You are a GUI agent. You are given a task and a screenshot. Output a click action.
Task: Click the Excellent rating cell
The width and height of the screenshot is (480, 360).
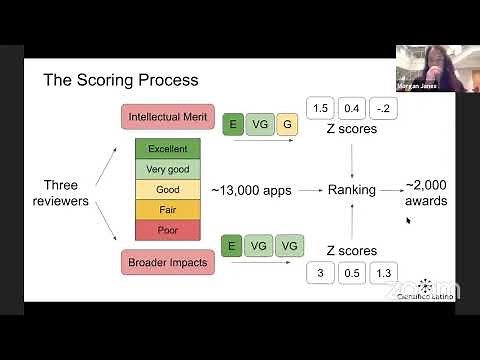click(167, 149)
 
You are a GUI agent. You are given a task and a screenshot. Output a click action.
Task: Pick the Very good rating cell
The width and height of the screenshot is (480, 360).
click(167, 169)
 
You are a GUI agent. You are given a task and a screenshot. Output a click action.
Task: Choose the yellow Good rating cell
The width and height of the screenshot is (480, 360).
click(167, 189)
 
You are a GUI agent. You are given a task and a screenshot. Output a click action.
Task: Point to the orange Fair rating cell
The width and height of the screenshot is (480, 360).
click(167, 209)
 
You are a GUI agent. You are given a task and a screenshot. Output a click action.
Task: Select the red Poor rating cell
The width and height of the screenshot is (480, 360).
click(167, 229)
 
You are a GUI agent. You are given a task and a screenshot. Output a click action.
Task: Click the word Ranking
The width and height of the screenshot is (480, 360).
click(352, 190)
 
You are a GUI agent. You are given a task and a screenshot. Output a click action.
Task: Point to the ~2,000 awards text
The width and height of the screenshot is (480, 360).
click(425, 193)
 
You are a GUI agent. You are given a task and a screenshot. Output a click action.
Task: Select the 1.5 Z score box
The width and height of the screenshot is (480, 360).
click(321, 108)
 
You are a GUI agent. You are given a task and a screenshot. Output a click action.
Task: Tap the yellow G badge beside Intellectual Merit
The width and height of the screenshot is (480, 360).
click(286, 124)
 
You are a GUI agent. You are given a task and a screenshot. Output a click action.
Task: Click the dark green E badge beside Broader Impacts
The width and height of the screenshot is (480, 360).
click(232, 246)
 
